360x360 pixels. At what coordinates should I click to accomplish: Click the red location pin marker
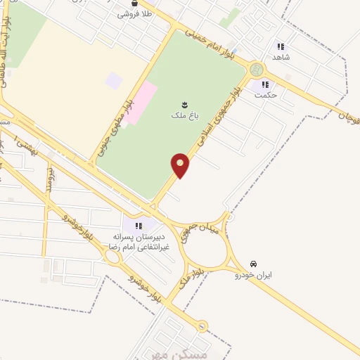pyautogui.click(x=181, y=165)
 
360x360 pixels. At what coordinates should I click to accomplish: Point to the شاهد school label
pyautogui.click(x=281, y=56)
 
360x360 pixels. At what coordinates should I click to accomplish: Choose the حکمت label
pyautogui.click(x=266, y=94)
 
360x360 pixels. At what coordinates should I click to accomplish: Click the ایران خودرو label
pyautogui.click(x=253, y=275)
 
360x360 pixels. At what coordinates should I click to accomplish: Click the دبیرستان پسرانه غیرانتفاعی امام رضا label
pyautogui.click(x=139, y=242)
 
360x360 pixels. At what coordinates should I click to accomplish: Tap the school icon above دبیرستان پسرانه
pyautogui.click(x=139, y=225)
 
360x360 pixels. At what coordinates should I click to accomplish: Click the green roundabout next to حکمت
pyautogui.click(x=256, y=70)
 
